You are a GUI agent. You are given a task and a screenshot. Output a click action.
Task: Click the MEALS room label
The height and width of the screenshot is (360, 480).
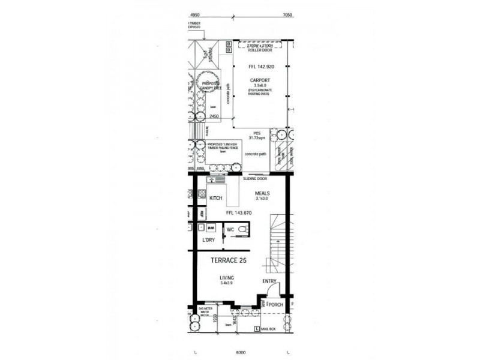pyautogui.click(x=262, y=193)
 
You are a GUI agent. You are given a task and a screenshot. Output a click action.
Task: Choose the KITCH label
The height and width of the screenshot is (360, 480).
pyautogui.click(x=216, y=198)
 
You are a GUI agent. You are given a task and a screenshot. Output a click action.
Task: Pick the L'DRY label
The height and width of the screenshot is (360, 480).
pyautogui.click(x=208, y=240)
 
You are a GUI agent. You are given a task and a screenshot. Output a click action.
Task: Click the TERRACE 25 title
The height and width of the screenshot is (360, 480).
pyautogui.click(x=228, y=261)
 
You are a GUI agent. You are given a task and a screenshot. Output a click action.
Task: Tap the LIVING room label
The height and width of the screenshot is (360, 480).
pyautogui.click(x=226, y=278)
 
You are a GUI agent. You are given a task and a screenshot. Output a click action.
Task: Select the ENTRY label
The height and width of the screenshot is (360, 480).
pyautogui.click(x=269, y=281)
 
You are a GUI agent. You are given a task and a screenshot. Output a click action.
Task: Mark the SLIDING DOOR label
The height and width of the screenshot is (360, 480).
pyautogui.click(x=254, y=179)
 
